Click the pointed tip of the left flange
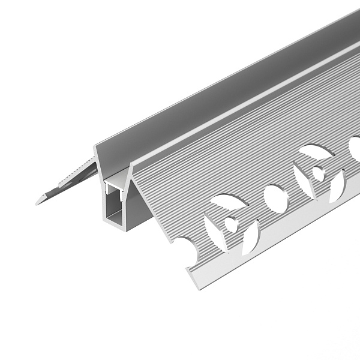[x=37, y=203]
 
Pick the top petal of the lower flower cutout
[x=229, y=202]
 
